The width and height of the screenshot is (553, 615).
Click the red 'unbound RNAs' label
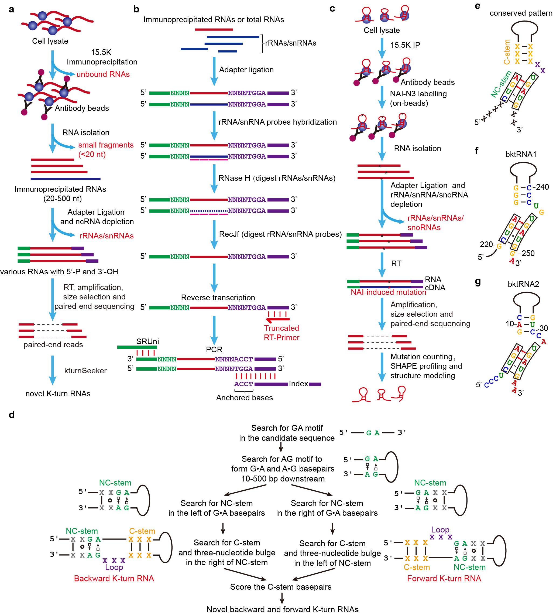pyautogui.click(x=103, y=74)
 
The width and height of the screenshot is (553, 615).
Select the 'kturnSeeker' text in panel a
pyautogui.click(x=85, y=371)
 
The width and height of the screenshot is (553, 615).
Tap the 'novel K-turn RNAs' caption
pyautogui.click(x=58, y=394)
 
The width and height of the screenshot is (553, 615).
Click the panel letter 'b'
pyautogui.click(x=136, y=9)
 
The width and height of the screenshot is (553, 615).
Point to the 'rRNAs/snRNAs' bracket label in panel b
pyautogui.click(x=290, y=43)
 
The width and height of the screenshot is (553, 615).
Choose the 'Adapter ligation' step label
pyautogui.click(x=246, y=70)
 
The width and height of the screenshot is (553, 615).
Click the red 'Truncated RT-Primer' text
pyautogui.click(x=281, y=333)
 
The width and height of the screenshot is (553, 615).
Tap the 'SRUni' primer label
pyautogui.click(x=147, y=341)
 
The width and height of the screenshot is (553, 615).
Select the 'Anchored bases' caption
pyautogui.click(x=244, y=398)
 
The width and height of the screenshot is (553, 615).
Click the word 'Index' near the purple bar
pyautogui.click(x=298, y=384)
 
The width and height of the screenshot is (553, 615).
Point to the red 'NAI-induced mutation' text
pyautogui.click(x=388, y=292)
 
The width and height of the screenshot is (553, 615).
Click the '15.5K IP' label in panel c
pyautogui.click(x=405, y=45)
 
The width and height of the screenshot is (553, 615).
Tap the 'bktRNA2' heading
pyautogui.click(x=523, y=284)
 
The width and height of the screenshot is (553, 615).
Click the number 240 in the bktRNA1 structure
pyautogui.click(x=542, y=187)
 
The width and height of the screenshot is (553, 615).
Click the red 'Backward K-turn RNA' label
pyautogui.click(x=114, y=578)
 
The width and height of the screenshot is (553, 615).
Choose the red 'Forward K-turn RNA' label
pyautogui.click(x=444, y=578)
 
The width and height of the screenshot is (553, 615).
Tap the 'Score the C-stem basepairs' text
pyautogui.click(x=280, y=587)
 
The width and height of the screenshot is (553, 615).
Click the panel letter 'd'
pyautogui.click(x=12, y=415)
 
